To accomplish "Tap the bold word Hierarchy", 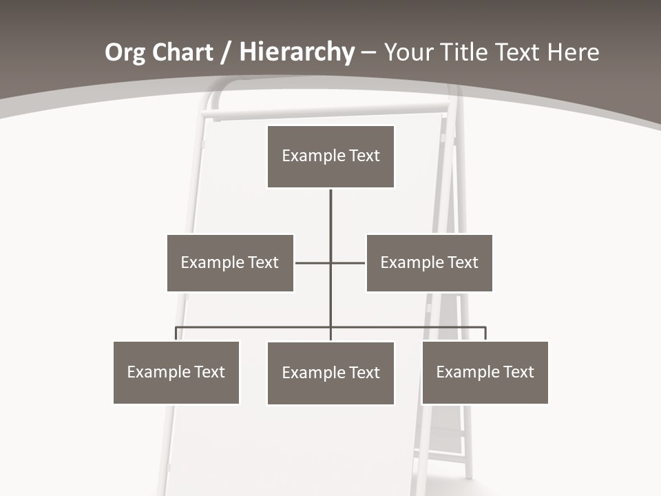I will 297,52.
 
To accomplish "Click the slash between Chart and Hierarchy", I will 227,52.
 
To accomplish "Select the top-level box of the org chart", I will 330,156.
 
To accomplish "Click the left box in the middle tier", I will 230,262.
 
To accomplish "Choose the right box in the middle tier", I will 429,262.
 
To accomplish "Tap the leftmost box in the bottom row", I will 176,372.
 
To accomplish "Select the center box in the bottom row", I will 330,373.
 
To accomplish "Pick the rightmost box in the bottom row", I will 485,372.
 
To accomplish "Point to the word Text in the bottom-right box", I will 518,372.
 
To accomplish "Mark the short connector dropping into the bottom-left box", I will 176,333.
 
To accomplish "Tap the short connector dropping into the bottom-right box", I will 485,333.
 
